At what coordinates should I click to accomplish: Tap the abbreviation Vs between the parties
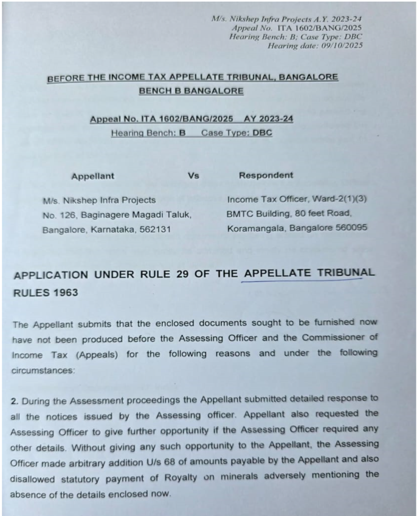click(x=194, y=176)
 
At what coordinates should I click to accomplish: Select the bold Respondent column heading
click(x=266, y=175)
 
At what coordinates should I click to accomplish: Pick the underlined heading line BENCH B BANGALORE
click(x=191, y=91)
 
